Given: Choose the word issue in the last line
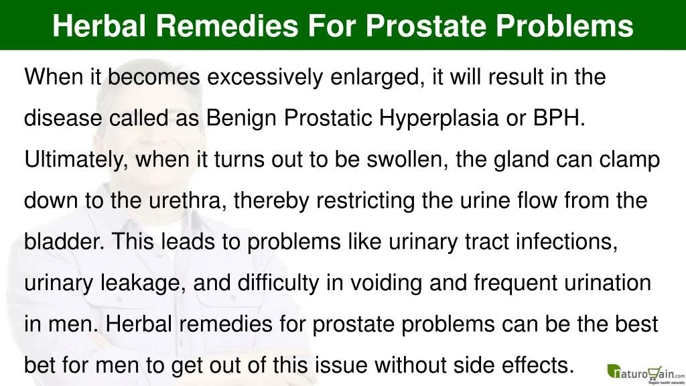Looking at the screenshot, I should click(344, 366).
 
